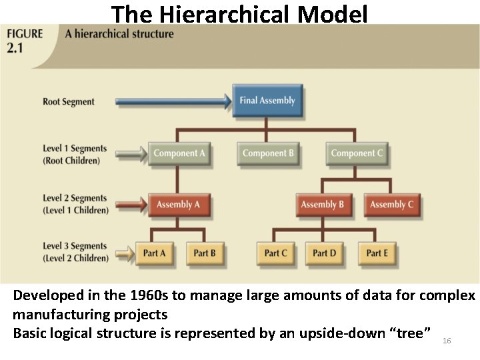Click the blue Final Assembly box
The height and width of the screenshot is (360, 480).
(267, 101)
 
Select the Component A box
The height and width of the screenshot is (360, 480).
(179, 153)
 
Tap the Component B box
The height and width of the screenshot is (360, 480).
(268, 153)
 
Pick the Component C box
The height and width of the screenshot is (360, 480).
(357, 153)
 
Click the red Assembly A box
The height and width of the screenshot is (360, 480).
(178, 205)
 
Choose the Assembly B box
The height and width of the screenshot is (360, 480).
(322, 205)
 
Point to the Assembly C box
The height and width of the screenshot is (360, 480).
(391, 205)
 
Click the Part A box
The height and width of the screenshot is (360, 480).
(155, 253)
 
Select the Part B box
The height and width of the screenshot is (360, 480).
(205, 253)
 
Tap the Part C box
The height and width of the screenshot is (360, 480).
(276, 253)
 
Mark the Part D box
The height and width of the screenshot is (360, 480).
(325, 253)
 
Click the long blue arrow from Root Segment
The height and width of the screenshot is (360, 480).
(173, 102)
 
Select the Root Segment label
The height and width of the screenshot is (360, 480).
(69, 102)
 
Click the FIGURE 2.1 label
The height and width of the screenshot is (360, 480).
(25, 41)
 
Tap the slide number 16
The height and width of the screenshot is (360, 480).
(447, 341)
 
